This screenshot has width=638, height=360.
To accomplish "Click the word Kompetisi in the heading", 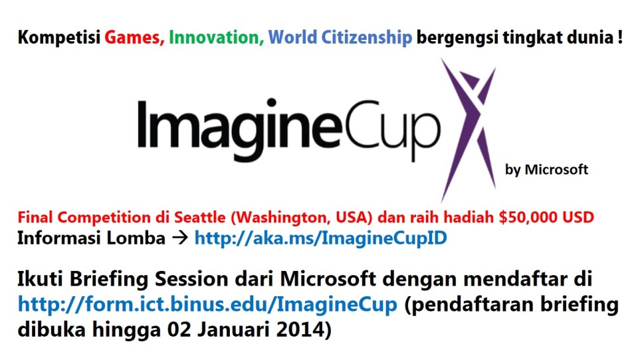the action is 59,38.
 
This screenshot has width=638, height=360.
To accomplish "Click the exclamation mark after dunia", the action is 619,37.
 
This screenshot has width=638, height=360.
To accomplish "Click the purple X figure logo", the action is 469,130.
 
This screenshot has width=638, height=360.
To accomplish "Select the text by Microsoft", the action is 546,169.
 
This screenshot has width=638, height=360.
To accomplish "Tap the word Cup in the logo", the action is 393,127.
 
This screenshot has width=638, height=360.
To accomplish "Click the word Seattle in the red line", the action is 200,217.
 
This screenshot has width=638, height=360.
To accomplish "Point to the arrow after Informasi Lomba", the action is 180,238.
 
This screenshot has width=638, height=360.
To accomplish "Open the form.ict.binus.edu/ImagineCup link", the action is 207,304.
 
